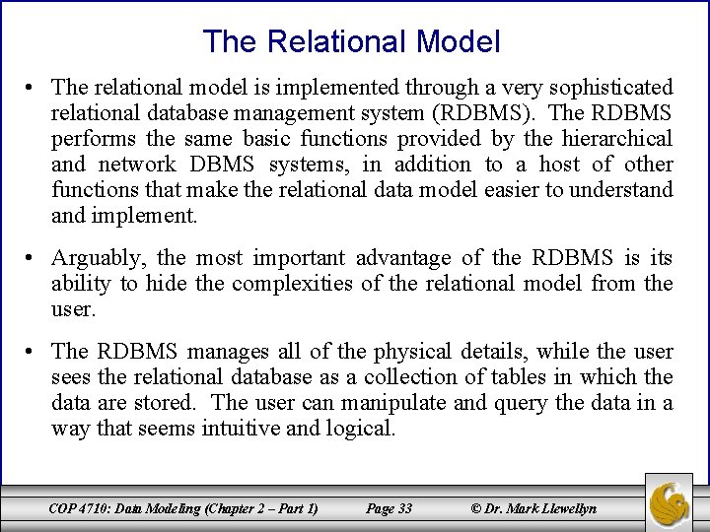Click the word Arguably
pos(101,258)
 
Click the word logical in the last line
pos(361,429)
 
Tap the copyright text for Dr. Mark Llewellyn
pos(533,508)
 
